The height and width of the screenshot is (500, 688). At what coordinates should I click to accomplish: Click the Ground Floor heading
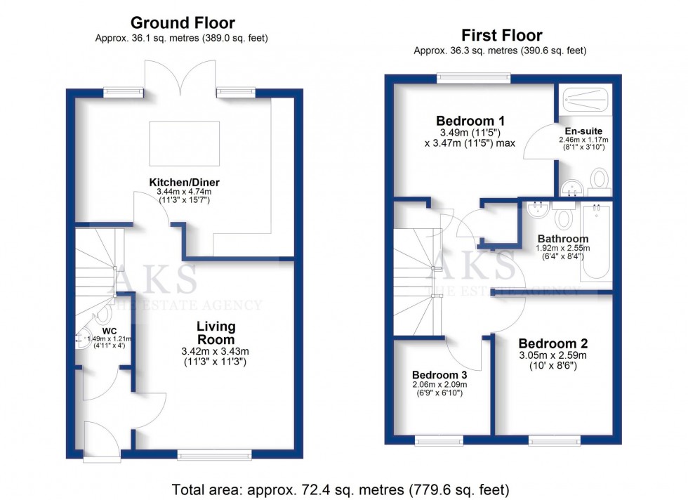point(182,23)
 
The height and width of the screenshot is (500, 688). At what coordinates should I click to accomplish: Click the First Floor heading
point(501,35)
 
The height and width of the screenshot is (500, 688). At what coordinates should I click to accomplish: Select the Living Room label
point(216,333)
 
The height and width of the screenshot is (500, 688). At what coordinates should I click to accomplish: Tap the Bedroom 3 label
point(439,374)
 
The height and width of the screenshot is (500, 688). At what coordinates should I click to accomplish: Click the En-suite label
point(583,131)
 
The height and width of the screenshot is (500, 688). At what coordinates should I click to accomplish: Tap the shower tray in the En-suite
point(585,100)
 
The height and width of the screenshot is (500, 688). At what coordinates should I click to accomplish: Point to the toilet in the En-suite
point(600,179)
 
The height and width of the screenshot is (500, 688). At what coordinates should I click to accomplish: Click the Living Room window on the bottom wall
point(214,454)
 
